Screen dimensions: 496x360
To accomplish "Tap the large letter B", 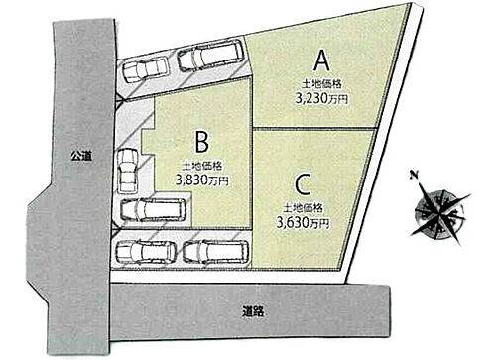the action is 201,140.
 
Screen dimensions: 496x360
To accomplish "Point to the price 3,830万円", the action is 201,181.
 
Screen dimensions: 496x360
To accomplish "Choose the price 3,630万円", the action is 304,225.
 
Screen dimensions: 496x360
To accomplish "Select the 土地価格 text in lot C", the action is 303,209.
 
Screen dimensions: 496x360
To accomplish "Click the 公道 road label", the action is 80,156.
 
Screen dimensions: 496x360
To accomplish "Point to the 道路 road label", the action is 253,310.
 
